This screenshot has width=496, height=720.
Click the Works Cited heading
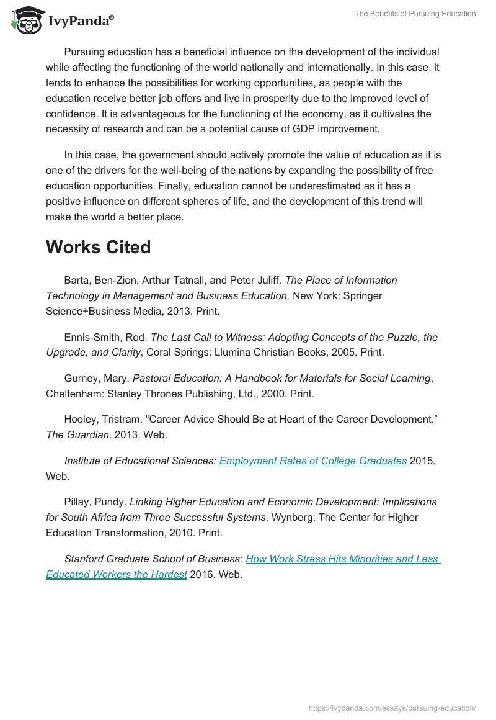98,247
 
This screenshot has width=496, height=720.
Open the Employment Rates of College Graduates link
313,461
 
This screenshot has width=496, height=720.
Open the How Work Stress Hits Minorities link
342,559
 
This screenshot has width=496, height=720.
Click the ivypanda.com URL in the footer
392,707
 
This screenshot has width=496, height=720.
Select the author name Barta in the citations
76,280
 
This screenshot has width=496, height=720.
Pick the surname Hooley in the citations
81,420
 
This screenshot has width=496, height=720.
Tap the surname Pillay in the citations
77,502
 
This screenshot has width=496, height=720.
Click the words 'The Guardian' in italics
77,434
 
